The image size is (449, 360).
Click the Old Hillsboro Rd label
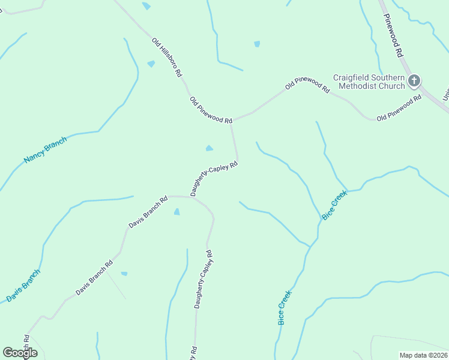point(167,58)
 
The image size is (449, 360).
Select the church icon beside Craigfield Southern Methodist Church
point(414,81)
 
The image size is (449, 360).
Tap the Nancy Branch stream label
point(45,150)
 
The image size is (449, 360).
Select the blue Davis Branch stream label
point(23,286)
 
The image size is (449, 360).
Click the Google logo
point(20,353)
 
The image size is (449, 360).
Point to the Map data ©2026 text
point(423,355)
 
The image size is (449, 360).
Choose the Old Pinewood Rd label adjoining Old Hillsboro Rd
point(211,110)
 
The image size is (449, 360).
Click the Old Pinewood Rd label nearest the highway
point(399,109)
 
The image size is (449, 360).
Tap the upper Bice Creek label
point(334,205)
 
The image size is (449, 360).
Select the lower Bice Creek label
point(285,308)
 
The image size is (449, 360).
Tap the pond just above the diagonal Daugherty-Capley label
point(209,148)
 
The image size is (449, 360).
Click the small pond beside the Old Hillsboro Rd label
point(151,64)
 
